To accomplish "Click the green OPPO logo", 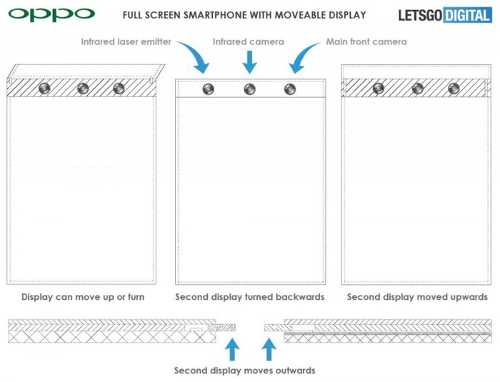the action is pyautogui.click(x=51, y=15).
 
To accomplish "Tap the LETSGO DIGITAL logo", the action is pyautogui.click(x=445, y=15).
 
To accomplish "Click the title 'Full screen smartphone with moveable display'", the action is pyautogui.click(x=244, y=15).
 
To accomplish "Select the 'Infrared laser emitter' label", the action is pyautogui.click(x=126, y=42).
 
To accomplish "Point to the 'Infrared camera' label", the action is pyautogui.click(x=249, y=42).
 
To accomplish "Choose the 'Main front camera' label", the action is pyautogui.click(x=366, y=42).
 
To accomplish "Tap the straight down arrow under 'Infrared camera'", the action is pyautogui.click(x=249, y=62).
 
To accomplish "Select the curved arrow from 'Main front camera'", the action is pyautogui.click(x=303, y=56).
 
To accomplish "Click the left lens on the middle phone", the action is pyautogui.click(x=209, y=89).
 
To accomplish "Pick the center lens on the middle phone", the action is pyautogui.click(x=249, y=89).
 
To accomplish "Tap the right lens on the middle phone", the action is pyautogui.click(x=289, y=89).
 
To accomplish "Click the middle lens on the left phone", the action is pyautogui.click(x=83, y=88).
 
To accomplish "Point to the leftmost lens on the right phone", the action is pyautogui.click(x=379, y=88).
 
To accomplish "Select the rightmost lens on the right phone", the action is pyautogui.click(x=454, y=88).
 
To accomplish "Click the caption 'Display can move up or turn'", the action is pyautogui.click(x=83, y=297).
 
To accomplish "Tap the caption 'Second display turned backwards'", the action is pyautogui.click(x=250, y=297).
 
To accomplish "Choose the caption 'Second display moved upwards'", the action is pyautogui.click(x=417, y=297).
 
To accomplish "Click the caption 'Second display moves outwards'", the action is pyautogui.click(x=244, y=371).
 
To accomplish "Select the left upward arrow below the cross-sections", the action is pyautogui.click(x=232, y=349).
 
